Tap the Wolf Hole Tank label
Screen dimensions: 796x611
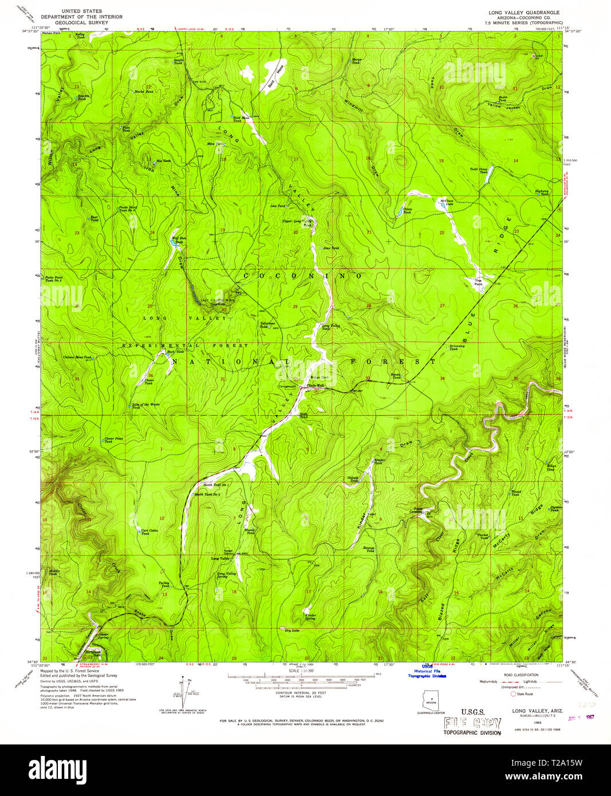coord(179,239)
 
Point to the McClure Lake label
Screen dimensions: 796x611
coord(446,202)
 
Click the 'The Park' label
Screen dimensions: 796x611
coord(478,282)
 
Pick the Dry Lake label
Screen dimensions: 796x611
coord(291,631)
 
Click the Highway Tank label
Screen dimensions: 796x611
coord(541,192)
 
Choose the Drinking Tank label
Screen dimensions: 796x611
coord(456,347)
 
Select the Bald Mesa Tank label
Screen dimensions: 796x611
coord(240,118)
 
